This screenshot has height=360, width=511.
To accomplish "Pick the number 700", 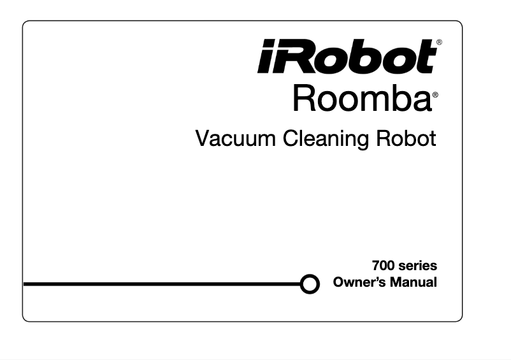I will (x=384, y=265).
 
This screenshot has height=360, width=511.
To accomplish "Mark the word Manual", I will (x=414, y=282).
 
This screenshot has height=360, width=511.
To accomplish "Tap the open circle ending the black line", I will (x=310, y=284).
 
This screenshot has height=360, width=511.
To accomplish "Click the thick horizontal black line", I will (x=159, y=284).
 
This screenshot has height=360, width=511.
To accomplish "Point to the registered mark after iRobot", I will (x=439, y=42).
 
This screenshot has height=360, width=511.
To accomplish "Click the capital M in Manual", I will (x=398, y=282).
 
